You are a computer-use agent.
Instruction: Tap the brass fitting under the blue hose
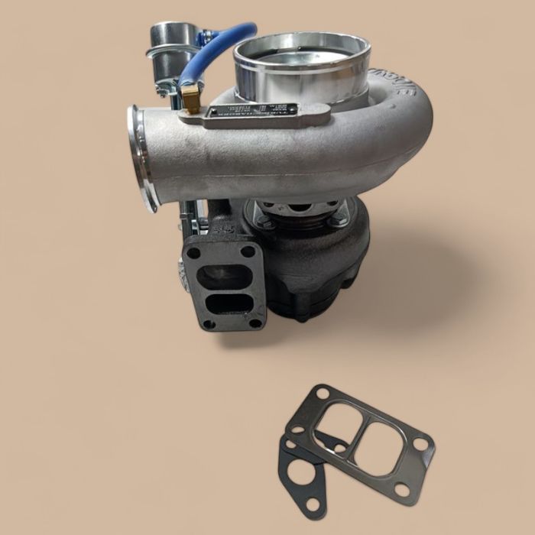click(190, 99)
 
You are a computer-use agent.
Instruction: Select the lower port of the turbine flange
click(229, 304)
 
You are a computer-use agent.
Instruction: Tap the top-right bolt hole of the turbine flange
click(248, 251)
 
